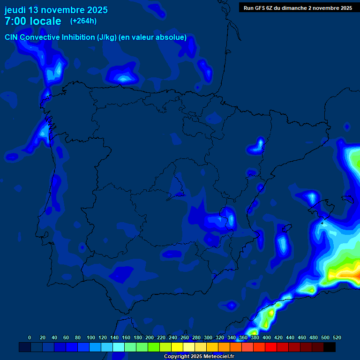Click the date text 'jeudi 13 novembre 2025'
pyautogui.click(x=56, y=10)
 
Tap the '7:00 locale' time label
pyautogui.click(x=33, y=21)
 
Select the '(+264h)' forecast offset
pyautogui.click(x=83, y=21)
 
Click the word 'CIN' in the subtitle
pyautogui.click(x=11, y=37)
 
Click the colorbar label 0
pyautogui.click(x=30, y=337)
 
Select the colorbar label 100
pyautogui.click(x=91, y=337)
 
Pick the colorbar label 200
pyautogui.click(x=150, y=337)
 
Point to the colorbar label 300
pyautogui.click(x=208, y=337)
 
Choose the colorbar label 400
pyautogui.click(x=267, y=337)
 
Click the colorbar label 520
pyautogui.click(x=337, y=337)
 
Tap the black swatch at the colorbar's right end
pyautogui.click(x=330, y=347)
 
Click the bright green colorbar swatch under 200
pyautogui.click(x=154, y=347)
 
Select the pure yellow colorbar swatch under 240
pyautogui.click(x=177, y=347)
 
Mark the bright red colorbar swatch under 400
pyautogui.click(x=271, y=347)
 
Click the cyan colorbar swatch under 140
pyautogui.click(x=119, y=347)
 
